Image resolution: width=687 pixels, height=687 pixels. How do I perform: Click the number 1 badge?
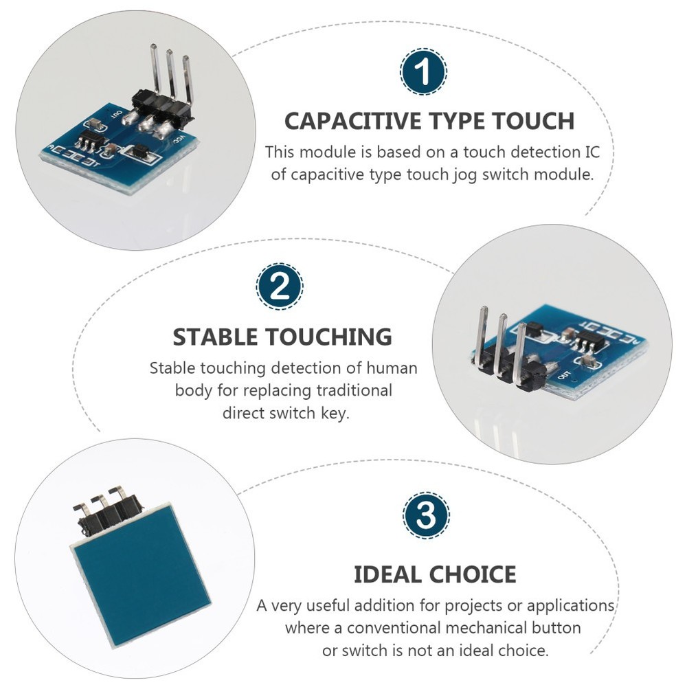click(423, 71)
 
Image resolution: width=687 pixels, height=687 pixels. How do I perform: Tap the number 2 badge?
click(280, 287)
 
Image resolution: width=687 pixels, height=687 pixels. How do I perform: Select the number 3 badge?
click(426, 515)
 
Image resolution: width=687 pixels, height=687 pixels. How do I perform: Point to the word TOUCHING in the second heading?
click(328, 337)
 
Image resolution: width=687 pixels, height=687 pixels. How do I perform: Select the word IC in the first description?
click(591, 152)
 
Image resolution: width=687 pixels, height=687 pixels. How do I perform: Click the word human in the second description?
click(394, 368)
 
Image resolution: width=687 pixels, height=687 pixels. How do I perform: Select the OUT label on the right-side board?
click(565, 376)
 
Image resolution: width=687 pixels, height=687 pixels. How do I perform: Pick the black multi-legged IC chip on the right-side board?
click(587, 341)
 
